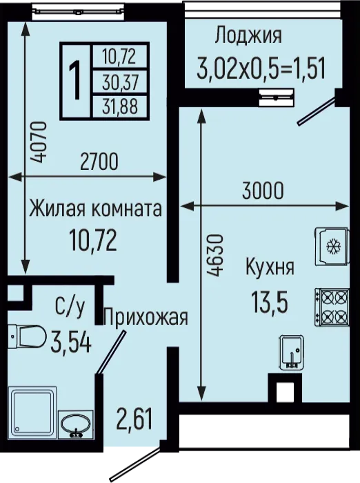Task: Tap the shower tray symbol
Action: point(32,413)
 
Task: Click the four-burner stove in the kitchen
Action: point(332,307)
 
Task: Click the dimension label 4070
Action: point(40,142)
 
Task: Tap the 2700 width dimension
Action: point(99,162)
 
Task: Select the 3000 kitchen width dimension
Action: point(263,191)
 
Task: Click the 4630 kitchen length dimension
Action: point(215,256)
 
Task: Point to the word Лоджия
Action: point(248,35)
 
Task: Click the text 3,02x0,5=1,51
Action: point(261,69)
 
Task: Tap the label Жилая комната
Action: point(96,209)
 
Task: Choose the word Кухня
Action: point(270,267)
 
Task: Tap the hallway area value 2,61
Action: point(134,418)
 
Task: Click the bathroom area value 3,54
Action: point(71,343)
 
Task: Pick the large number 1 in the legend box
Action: point(75,80)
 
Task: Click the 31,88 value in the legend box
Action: point(120,106)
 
